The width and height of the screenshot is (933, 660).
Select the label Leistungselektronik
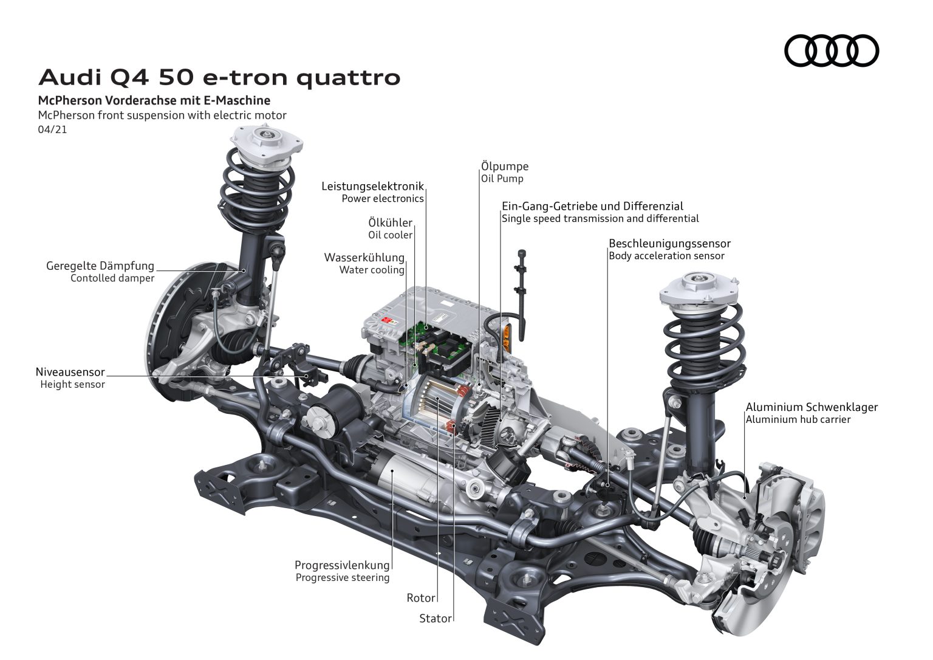coord(372,186)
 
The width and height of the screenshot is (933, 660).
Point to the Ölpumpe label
coord(504,166)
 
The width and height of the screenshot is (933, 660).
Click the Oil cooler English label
coord(390,235)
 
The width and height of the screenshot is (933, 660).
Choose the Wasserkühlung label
coord(364,257)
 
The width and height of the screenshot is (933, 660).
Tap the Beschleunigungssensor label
coord(669,243)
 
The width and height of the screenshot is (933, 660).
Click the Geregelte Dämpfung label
coord(100,266)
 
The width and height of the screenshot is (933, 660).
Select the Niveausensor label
coord(70,371)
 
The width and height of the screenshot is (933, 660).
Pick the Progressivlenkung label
coord(342,565)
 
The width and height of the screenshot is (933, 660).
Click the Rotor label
coord(421,598)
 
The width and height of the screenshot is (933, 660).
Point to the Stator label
coord(436,619)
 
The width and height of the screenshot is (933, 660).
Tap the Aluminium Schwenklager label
coord(812,407)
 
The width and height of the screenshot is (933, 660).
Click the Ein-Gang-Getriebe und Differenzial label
coord(592,206)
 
